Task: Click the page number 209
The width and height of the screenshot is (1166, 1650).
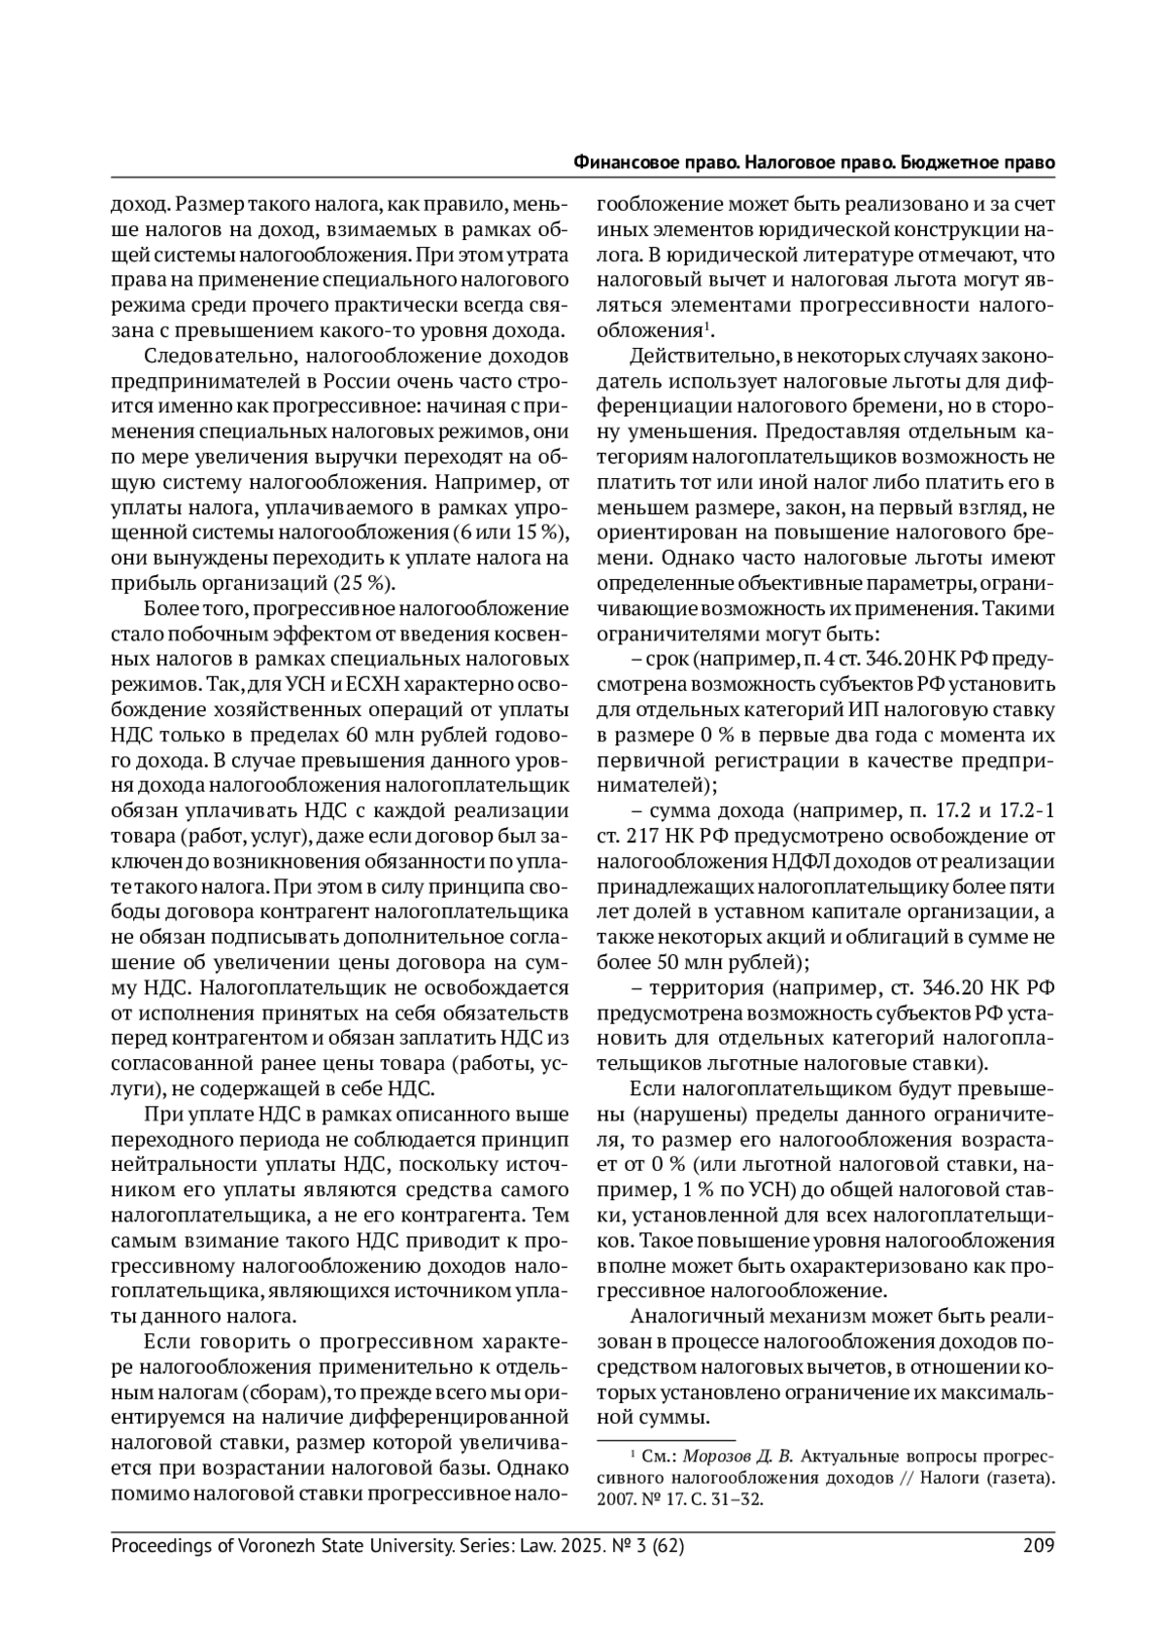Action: pyautogui.click(x=1039, y=1546)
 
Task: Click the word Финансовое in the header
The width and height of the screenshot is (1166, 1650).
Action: pyautogui.click(x=622, y=162)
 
